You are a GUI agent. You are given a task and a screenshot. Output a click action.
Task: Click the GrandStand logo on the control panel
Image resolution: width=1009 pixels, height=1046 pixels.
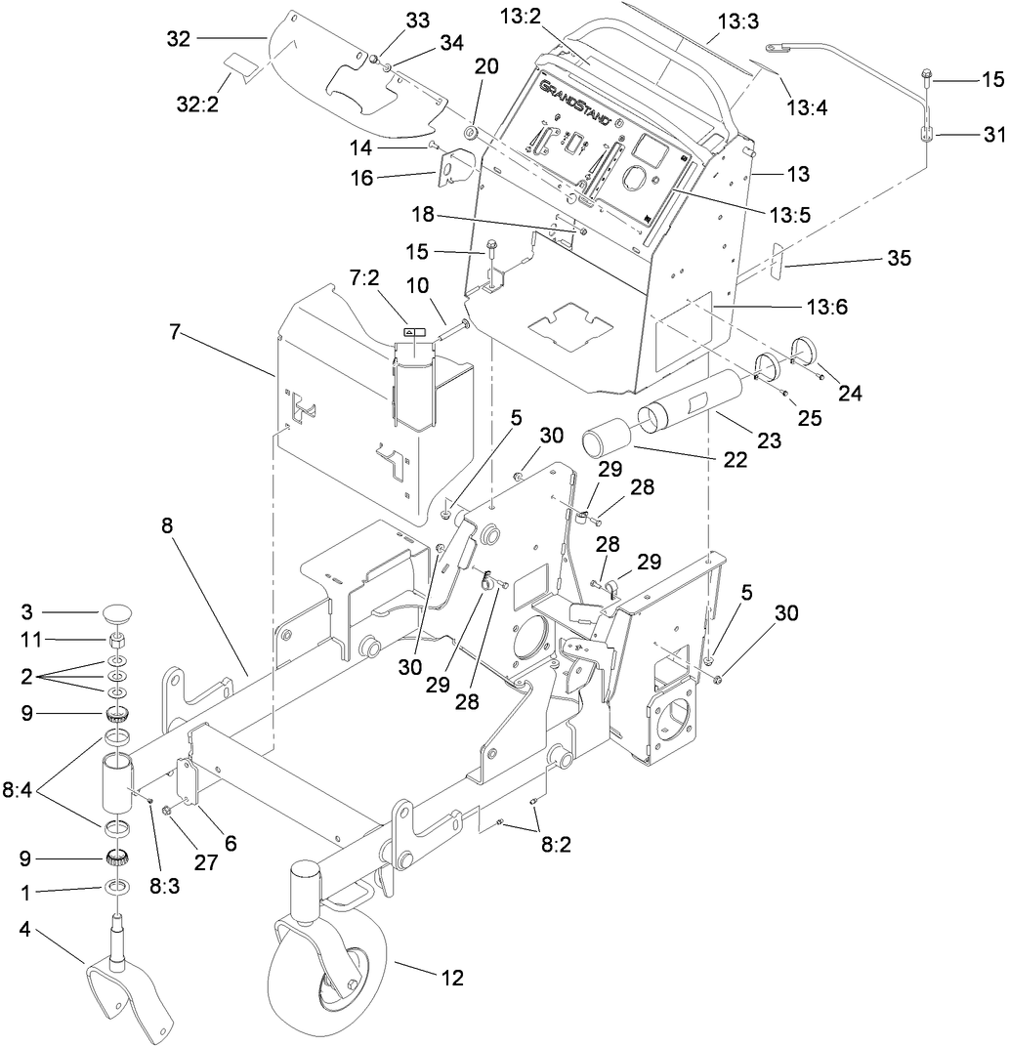(575, 104)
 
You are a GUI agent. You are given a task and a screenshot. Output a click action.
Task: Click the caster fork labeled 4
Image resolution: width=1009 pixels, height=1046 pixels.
(131, 987)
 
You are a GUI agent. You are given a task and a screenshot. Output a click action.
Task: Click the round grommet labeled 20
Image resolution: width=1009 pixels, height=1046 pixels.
(470, 132)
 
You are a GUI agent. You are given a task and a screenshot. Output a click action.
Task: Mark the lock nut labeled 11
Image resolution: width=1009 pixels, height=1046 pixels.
(118, 641)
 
